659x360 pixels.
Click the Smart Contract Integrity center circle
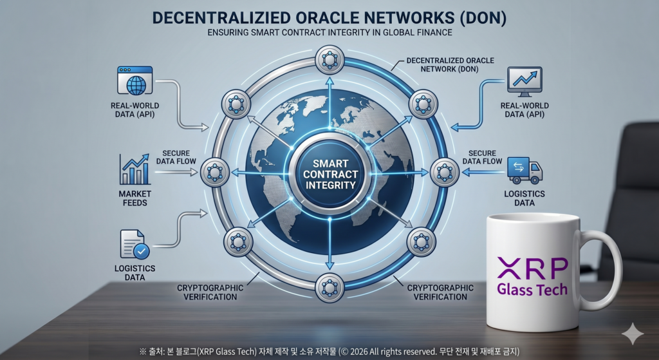pyautogui.click(x=330, y=174)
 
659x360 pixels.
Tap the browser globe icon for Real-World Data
pyautogui.click(x=135, y=81)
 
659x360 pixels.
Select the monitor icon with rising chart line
pyautogui.click(x=524, y=82)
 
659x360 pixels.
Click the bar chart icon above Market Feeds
pyautogui.click(x=135, y=169)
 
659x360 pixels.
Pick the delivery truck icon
pyautogui.click(x=525, y=171)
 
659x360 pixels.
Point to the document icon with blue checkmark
pyautogui.click(x=135, y=244)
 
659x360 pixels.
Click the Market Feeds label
pyautogui.click(x=135, y=198)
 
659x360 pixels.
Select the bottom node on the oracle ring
pyautogui.click(x=330, y=288)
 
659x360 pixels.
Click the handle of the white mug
pyautogui.click(x=605, y=269)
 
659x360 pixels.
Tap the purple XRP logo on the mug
pyautogui.click(x=532, y=268)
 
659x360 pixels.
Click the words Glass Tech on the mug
pyautogui.click(x=532, y=289)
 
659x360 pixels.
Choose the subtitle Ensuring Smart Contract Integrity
pyautogui.click(x=330, y=32)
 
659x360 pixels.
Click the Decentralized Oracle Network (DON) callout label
pyautogui.click(x=450, y=65)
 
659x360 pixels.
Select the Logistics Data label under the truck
pyautogui.click(x=524, y=198)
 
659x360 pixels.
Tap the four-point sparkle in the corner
pyautogui.click(x=633, y=334)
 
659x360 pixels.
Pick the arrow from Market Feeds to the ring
pyautogui.click(x=176, y=172)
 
